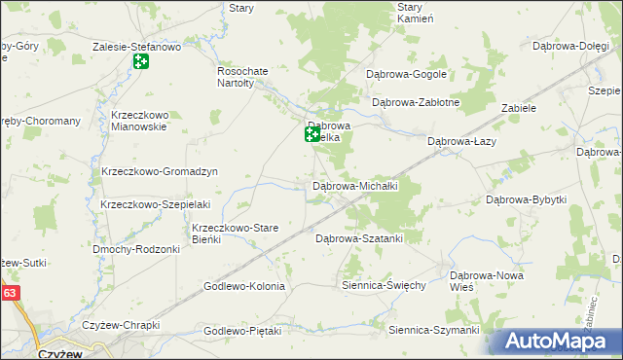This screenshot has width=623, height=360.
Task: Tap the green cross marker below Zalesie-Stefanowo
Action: pos(141,62)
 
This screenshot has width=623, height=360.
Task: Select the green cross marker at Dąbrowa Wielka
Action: pos(312,135)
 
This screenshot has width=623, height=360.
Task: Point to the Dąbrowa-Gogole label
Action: pos(405,74)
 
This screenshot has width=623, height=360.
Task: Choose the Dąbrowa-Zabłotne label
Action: pos(416,102)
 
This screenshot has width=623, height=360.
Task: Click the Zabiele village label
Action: pos(519,108)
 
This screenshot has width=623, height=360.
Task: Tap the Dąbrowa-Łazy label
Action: pos(465,141)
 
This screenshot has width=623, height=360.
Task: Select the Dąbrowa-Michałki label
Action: pos(352,185)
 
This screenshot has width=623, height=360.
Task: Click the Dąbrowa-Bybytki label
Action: pos(526,199)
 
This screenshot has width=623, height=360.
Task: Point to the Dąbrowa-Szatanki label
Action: pos(359,237)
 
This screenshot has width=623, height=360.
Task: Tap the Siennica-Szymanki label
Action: pos(434,331)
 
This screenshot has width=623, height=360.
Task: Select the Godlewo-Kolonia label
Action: pos(244,286)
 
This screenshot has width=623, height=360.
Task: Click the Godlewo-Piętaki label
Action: pos(242,331)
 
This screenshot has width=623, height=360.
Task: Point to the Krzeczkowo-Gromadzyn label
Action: pos(159,171)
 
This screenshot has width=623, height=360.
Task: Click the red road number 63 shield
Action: pos(9,292)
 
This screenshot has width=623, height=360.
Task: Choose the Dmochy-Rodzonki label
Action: pos(136,249)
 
